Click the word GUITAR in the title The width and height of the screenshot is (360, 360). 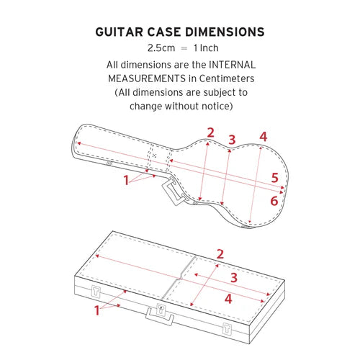(119, 32)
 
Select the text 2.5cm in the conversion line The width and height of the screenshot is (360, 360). (161, 48)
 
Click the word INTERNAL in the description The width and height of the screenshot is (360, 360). (233, 65)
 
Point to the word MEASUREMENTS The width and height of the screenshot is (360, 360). (147, 78)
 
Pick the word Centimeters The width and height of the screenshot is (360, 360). (227, 78)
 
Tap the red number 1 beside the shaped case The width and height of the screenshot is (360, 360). (126, 180)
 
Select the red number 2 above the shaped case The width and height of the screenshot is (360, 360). (210, 132)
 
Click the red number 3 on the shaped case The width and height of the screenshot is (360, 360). (232, 140)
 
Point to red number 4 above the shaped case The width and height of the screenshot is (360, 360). (264, 137)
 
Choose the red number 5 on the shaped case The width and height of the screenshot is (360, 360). (275, 178)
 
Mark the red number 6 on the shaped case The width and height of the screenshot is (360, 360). (274, 201)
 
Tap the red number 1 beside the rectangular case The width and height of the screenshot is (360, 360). (96, 310)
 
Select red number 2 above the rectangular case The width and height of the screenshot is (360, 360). (220, 254)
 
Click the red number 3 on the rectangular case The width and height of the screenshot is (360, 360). (234, 277)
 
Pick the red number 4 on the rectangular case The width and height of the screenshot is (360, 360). (228, 299)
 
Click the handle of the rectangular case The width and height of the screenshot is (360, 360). (160, 317)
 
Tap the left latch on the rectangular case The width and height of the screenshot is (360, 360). (96, 292)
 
